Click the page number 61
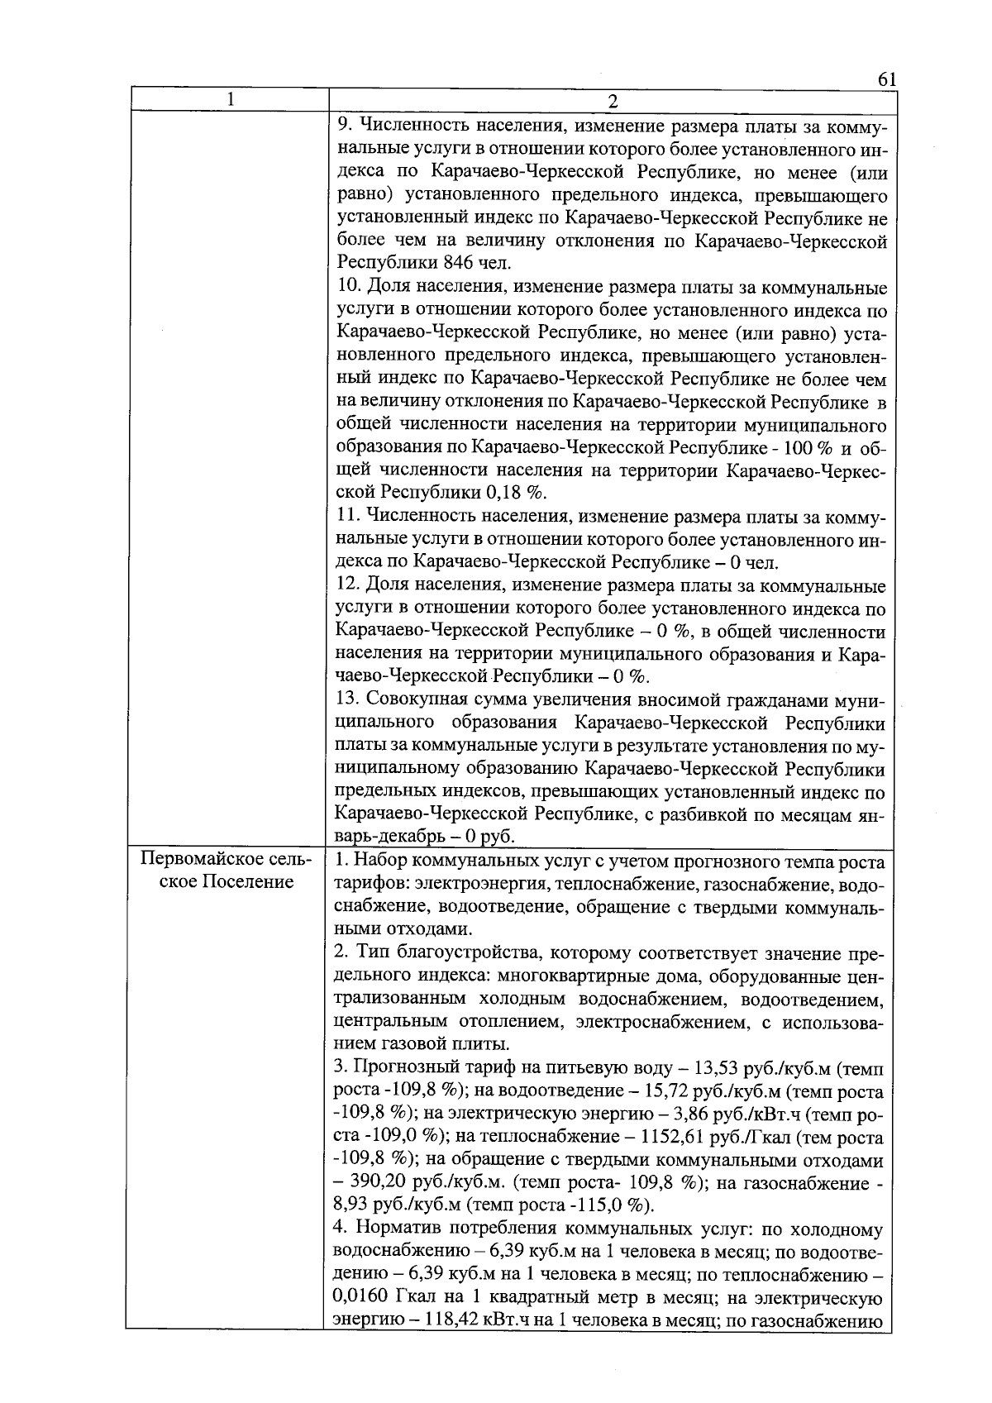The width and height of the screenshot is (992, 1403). click(886, 79)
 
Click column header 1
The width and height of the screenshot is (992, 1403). click(231, 99)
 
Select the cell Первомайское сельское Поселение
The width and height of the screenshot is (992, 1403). click(227, 870)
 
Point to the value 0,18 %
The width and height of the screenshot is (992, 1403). click(522, 494)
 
